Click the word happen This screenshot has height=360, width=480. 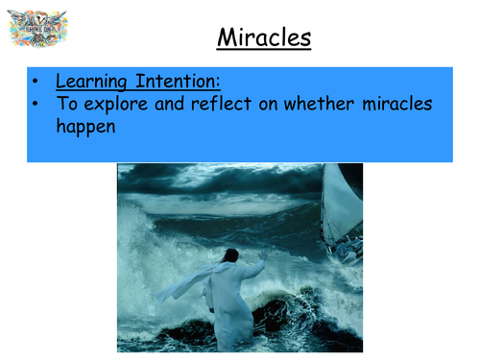coord(84,127)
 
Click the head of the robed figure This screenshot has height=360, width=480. coord(230,256)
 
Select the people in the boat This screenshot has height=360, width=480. coord(348,252)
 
